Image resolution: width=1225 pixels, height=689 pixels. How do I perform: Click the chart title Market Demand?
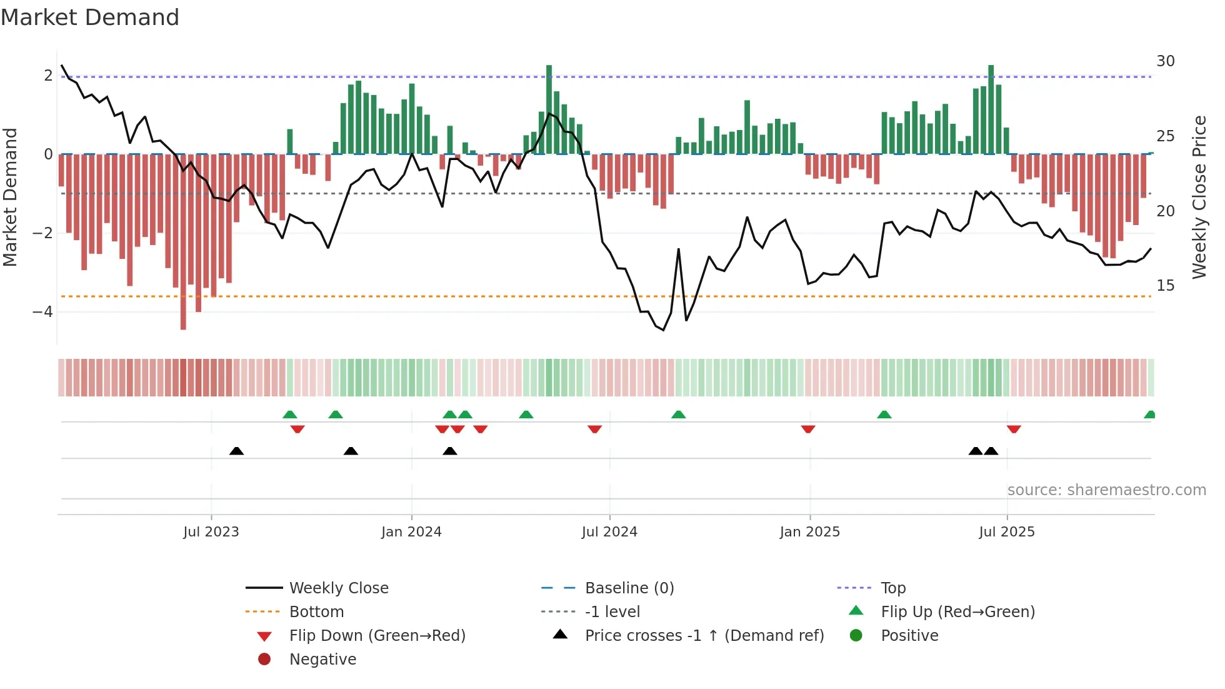coord(90,18)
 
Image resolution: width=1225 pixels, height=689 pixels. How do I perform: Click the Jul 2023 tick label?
coord(211,532)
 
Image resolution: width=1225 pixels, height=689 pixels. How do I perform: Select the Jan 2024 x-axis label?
coord(411,532)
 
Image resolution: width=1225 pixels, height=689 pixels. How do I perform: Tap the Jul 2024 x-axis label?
coord(609,532)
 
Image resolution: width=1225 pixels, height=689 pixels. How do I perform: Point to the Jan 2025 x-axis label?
coord(809,532)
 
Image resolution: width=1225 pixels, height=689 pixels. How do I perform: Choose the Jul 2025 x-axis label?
coord(1007,532)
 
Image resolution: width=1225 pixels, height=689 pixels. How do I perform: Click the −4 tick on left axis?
coord(42,311)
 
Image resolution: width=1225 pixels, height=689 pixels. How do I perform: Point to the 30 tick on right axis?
coord(1165,61)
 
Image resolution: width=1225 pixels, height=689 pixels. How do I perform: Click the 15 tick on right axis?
coord(1165,286)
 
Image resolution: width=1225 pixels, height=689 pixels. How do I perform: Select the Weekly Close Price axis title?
coord(1199,197)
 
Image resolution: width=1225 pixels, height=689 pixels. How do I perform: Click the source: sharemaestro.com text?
coord(1106,490)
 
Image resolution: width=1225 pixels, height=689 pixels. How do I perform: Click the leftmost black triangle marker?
coord(236,451)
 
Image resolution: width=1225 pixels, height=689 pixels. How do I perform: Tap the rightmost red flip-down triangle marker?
coord(1014,429)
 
